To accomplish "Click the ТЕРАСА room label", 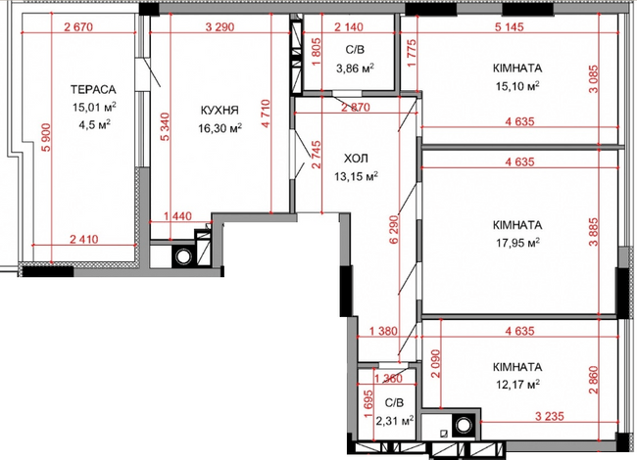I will (94, 89).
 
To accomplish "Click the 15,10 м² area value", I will (518, 85).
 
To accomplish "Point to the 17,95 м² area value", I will (518, 242).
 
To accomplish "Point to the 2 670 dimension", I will (77, 26).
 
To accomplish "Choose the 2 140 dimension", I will (350, 26).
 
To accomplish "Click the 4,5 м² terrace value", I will (94, 123).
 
